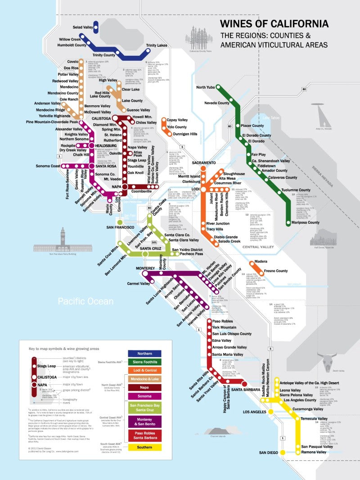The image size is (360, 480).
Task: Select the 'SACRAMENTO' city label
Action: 204,162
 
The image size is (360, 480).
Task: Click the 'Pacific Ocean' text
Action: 85,301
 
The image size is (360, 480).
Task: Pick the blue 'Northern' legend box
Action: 144,354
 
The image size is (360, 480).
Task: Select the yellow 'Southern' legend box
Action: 144,447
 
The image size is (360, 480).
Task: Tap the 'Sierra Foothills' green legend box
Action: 144,362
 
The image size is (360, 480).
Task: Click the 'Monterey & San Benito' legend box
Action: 144,422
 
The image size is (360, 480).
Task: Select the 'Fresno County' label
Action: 276,271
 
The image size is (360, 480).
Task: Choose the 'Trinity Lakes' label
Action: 157,45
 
